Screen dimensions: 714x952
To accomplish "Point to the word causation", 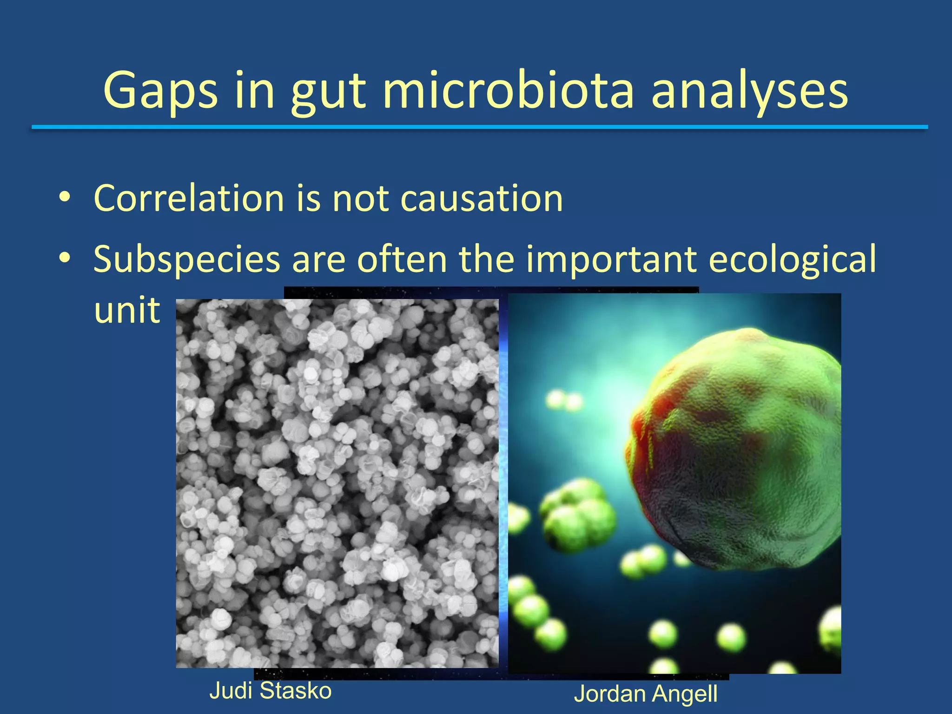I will (x=481, y=199).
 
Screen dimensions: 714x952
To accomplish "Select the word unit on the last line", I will (x=126, y=310).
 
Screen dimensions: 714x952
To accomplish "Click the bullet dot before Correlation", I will (x=65, y=197).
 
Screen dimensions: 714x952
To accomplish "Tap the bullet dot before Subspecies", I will (x=65, y=257).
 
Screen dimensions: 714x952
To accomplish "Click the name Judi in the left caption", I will (x=231, y=690).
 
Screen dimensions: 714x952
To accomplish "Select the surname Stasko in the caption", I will (x=296, y=690).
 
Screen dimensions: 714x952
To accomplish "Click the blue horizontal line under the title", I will (x=479, y=127).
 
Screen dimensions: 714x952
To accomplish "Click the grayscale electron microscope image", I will (x=337, y=483).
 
